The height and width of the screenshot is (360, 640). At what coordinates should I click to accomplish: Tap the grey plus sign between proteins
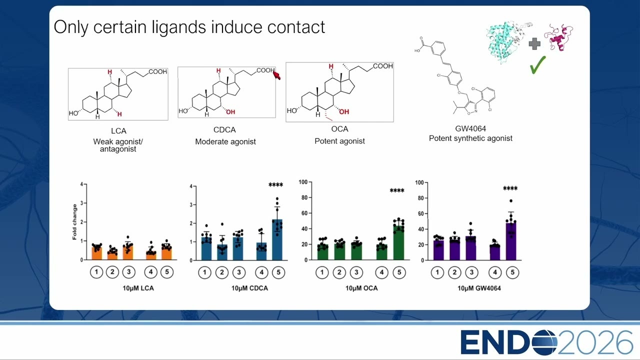(x=534, y=44)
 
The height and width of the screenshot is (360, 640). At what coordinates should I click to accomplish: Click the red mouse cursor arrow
(x=276, y=75)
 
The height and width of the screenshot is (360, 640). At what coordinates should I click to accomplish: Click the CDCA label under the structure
(x=224, y=129)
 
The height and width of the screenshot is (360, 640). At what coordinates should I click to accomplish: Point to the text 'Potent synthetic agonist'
(x=470, y=138)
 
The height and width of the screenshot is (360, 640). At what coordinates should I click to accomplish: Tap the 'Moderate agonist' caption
(x=225, y=141)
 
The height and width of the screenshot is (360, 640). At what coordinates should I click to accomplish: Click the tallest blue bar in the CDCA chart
(x=277, y=239)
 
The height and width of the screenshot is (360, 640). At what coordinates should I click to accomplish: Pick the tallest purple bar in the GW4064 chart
(x=511, y=241)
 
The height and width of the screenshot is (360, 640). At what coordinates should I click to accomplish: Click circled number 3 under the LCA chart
(x=128, y=271)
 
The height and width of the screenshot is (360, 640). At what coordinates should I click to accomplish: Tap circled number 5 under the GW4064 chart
(x=512, y=272)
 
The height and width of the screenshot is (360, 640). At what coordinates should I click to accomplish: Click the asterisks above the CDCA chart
(x=275, y=185)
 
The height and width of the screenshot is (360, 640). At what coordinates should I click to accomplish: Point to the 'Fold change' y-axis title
(x=74, y=221)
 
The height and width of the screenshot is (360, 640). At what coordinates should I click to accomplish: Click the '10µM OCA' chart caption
(x=361, y=288)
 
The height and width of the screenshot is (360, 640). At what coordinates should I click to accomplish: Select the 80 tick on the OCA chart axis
(x=304, y=197)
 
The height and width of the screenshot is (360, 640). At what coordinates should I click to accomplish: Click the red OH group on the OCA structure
(x=344, y=111)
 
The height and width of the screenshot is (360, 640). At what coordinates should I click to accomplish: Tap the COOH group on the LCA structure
(x=157, y=71)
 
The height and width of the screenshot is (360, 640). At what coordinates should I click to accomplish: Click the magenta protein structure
(x=559, y=37)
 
